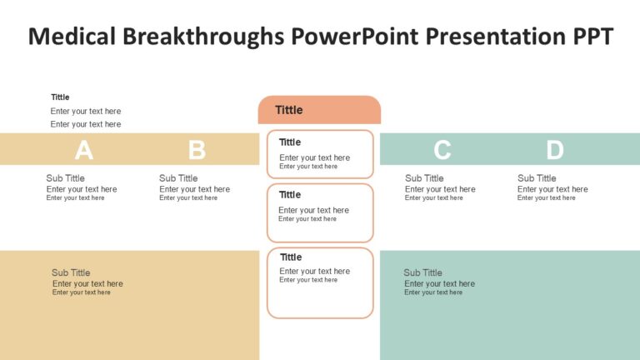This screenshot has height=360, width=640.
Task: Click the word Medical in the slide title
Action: tap(72, 37)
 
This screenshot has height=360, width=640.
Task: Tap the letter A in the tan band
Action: tap(83, 150)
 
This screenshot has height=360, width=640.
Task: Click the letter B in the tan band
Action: tap(197, 150)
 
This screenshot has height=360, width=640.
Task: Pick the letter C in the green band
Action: tap(442, 150)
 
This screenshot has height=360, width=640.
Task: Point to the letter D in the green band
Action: tap(555, 150)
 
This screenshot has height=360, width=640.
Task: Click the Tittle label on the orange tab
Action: tap(289, 110)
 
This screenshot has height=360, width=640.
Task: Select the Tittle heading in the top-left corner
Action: tap(60, 97)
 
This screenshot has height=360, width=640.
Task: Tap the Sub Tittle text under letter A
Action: tap(65, 177)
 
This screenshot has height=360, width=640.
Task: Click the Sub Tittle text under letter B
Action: tap(178, 177)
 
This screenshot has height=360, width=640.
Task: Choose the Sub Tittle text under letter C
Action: tap(424, 177)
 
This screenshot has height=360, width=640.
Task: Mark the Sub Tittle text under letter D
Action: tap(537, 177)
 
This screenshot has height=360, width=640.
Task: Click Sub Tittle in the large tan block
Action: tap(71, 272)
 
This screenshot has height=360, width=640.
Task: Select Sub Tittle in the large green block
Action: tap(422, 272)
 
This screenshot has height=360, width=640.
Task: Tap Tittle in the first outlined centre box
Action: tap(290, 142)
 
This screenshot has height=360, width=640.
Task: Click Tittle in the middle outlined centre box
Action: tap(289, 195)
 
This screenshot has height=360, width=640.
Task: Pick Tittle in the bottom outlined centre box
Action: tap(291, 257)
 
